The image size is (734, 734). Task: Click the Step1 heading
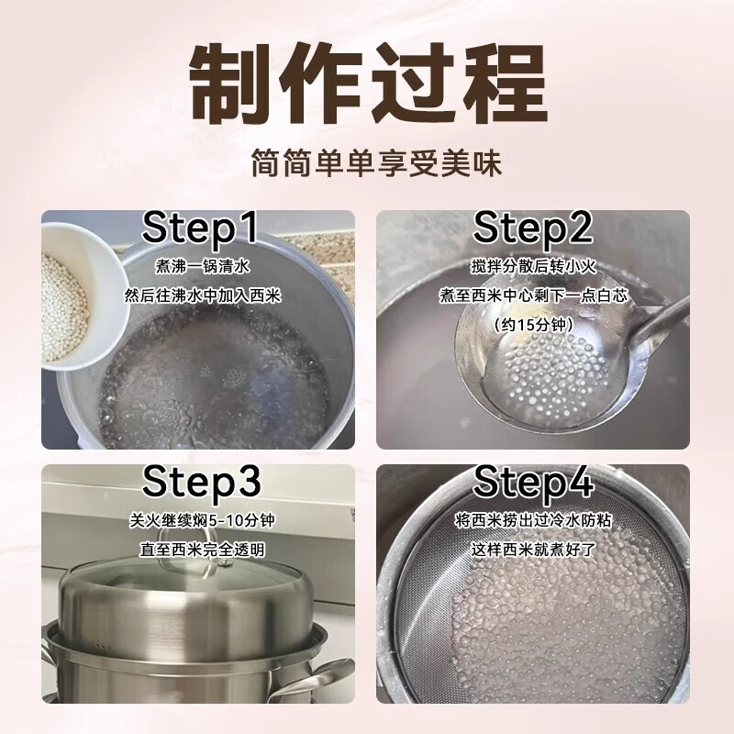click(x=200, y=228)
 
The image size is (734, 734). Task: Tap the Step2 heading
click(x=533, y=228)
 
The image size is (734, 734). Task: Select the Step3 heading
click(x=201, y=482)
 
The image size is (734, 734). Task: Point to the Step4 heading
click(x=533, y=482)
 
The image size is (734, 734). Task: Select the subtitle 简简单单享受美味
click(x=376, y=163)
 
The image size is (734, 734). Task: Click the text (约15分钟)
click(x=533, y=325)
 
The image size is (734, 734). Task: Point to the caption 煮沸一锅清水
click(x=203, y=267)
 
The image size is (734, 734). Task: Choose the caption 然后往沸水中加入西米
click(x=202, y=296)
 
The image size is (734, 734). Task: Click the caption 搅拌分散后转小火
click(x=533, y=267)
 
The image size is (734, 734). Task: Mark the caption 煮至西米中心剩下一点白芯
click(x=533, y=295)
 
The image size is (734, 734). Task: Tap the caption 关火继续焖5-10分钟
click(x=202, y=520)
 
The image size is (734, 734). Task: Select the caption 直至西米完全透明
click(x=202, y=550)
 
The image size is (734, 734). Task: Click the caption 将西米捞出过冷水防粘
click(x=533, y=520)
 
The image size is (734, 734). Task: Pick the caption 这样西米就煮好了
click(x=533, y=550)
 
